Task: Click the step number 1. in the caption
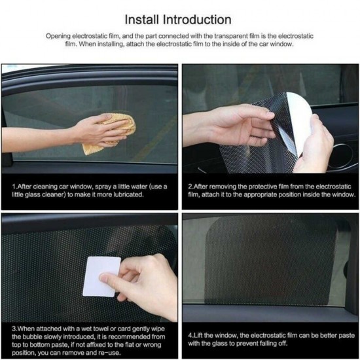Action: (x=14, y=187)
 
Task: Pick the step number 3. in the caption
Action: (x=14, y=327)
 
